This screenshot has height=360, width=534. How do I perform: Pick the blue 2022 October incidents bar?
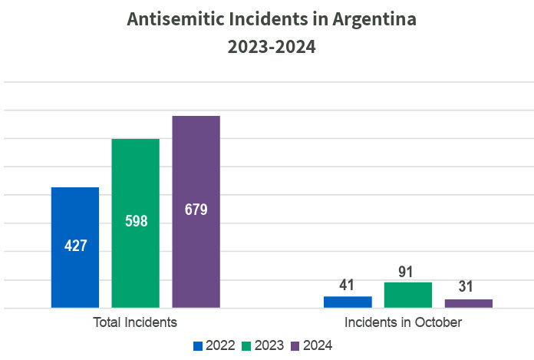(x=348, y=302)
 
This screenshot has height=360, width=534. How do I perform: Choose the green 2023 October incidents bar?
(x=408, y=295)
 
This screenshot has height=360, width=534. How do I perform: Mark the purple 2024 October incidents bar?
(x=468, y=303)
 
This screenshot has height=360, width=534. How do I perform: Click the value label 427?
(x=75, y=246)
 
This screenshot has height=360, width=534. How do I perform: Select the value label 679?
(x=196, y=209)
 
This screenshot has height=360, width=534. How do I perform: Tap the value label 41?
(x=348, y=286)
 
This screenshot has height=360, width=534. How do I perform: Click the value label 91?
(x=408, y=271)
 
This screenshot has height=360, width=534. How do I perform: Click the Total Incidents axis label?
(x=135, y=322)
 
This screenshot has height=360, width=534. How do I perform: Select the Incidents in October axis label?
(x=403, y=322)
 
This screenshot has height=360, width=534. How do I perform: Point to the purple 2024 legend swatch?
(x=298, y=346)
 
